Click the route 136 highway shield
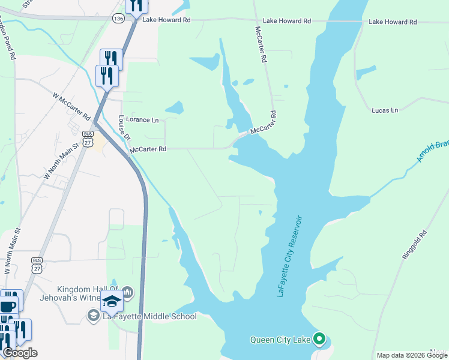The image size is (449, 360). click(x=119, y=19)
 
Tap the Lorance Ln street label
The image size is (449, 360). click(x=142, y=120)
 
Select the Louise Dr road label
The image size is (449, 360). click(x=124, y=127)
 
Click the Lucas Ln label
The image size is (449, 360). click(x=385, y=110)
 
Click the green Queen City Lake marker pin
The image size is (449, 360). click(x=319, y=339)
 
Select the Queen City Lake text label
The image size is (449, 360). click(x=280, y=340)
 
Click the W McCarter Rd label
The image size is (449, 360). click(x=71, y=106)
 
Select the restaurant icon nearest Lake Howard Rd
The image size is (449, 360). click(x=136, y=5)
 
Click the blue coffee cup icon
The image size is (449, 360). click(x=8, y=305)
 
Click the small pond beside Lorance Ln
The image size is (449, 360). click(x=175, y=108)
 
